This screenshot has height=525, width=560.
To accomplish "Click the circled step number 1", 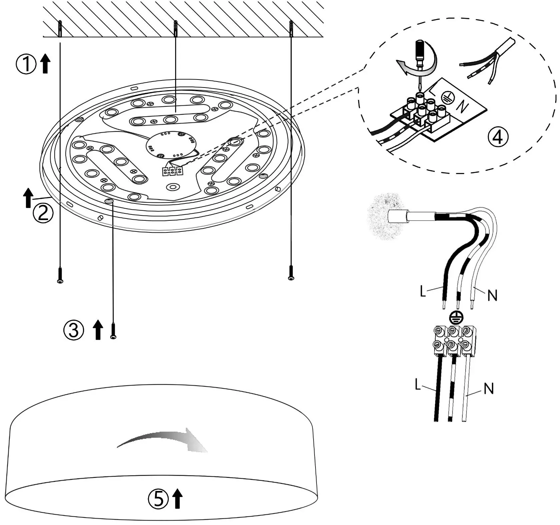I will point(26,64).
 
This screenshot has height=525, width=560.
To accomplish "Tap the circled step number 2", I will point(43,213).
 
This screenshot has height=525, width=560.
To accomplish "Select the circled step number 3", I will point(73,330).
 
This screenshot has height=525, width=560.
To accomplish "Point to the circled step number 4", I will point(498,137).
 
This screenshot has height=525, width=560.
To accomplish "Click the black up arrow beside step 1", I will point(45,64).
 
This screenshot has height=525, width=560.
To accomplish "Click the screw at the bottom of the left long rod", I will point(60,275).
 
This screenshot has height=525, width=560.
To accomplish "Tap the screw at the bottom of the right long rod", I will point(291,272).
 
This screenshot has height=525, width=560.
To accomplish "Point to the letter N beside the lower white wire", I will point(488,389).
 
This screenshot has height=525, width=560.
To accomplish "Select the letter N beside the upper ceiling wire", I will point(492,295).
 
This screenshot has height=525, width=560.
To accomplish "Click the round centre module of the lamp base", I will point(170,144).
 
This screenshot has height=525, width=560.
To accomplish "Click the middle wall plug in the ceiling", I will point(175,29).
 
